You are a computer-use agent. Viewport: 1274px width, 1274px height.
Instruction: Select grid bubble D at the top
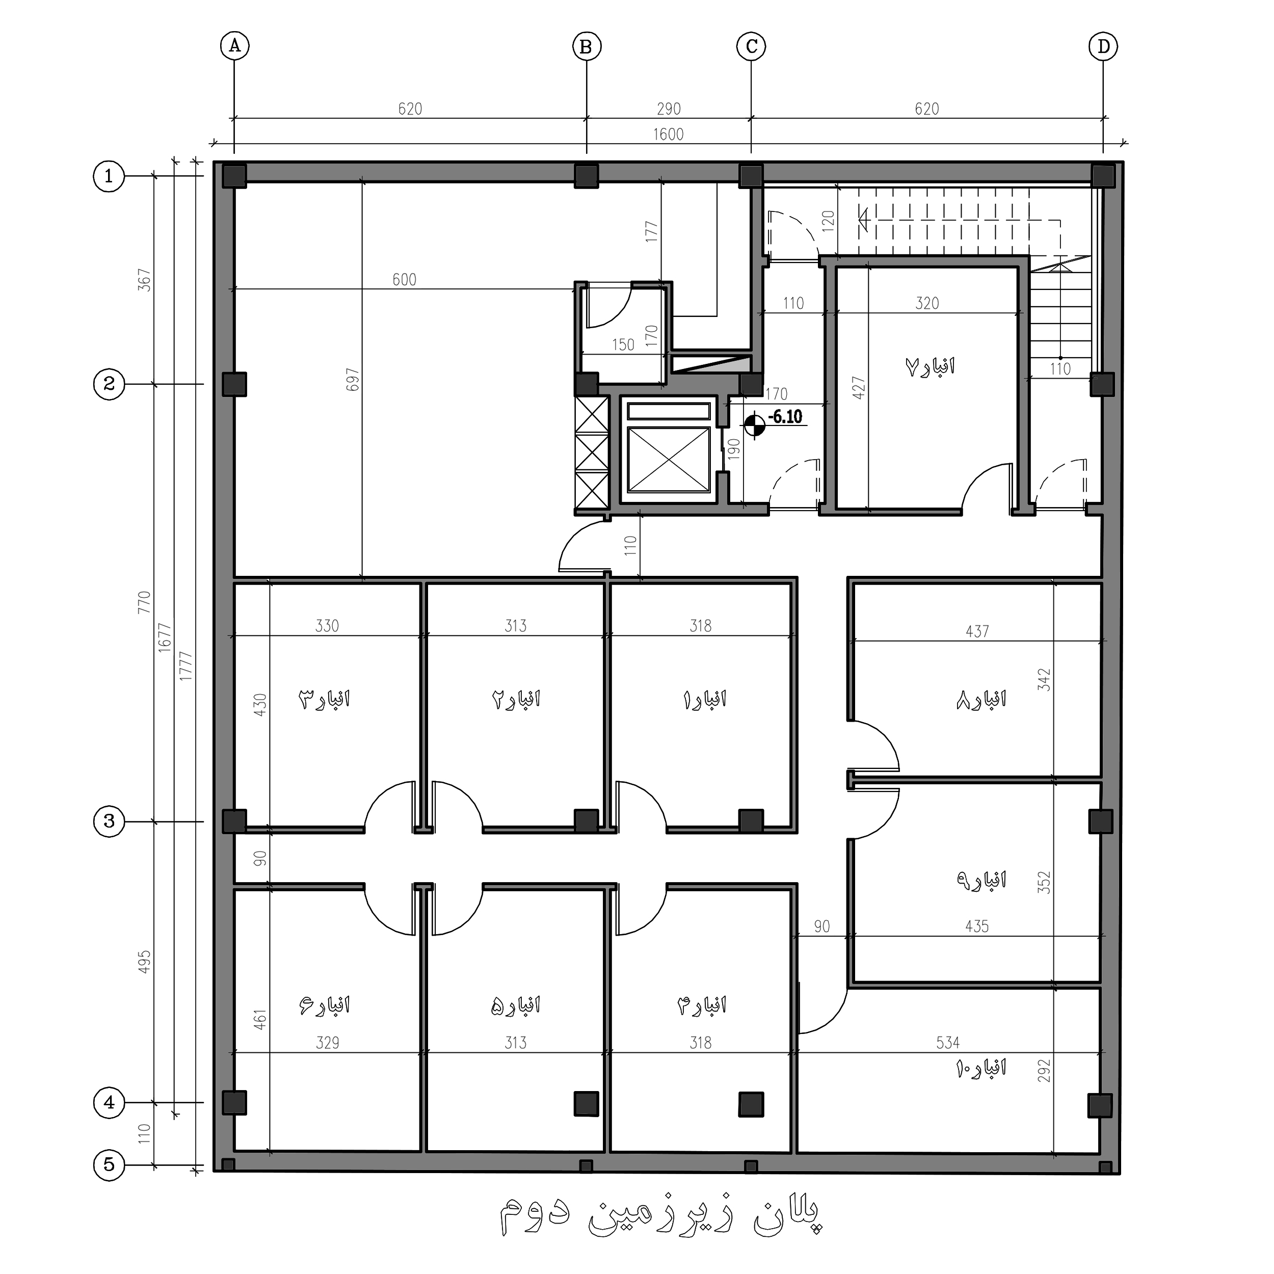1103,46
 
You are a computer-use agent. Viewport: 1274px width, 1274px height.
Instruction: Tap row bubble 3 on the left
109,821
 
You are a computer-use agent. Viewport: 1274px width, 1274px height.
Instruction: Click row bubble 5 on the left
109,1165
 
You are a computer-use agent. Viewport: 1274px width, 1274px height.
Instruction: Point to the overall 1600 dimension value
668,134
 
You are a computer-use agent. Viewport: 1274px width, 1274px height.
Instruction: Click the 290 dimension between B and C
669,109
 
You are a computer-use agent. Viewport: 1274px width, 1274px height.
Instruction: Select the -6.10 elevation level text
785,417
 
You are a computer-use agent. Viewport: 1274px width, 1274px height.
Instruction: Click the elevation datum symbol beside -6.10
754,424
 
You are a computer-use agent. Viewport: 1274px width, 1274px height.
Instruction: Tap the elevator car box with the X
669,460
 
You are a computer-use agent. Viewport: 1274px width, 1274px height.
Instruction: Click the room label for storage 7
930,366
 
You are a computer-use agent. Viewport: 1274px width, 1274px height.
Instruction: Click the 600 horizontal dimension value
404,280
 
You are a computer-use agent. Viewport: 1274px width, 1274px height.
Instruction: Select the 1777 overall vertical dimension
186,666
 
